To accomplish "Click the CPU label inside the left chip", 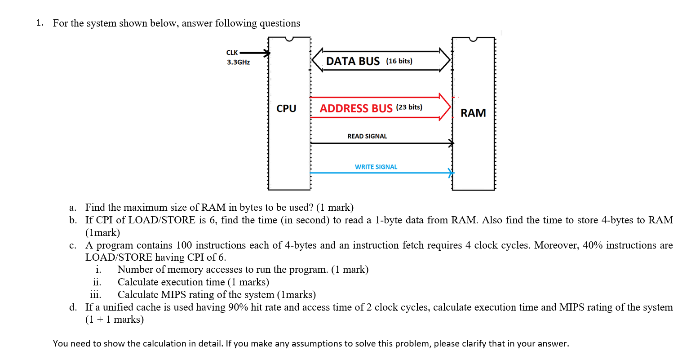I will pos(286,109).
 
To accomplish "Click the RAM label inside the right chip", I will pos(473,113).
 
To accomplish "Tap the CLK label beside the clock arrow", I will pos(232,53).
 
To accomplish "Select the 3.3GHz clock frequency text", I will pos(238,62).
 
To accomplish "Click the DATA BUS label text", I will pos(353,61).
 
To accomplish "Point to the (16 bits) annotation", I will pos(399,61).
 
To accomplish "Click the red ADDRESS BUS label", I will pos(356,108).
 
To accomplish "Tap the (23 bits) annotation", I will pos(409,107).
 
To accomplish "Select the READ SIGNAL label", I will pos(367,136).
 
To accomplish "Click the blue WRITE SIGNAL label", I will pos(376,167).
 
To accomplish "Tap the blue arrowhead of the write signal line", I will pos(451,173).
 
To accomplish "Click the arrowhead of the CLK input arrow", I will pos(267,53).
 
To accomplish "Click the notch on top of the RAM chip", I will pos(473,40).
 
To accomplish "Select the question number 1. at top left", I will pos(40,23).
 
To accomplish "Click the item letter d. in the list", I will pos(73,307).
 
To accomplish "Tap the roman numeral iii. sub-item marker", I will pos(95,295).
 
